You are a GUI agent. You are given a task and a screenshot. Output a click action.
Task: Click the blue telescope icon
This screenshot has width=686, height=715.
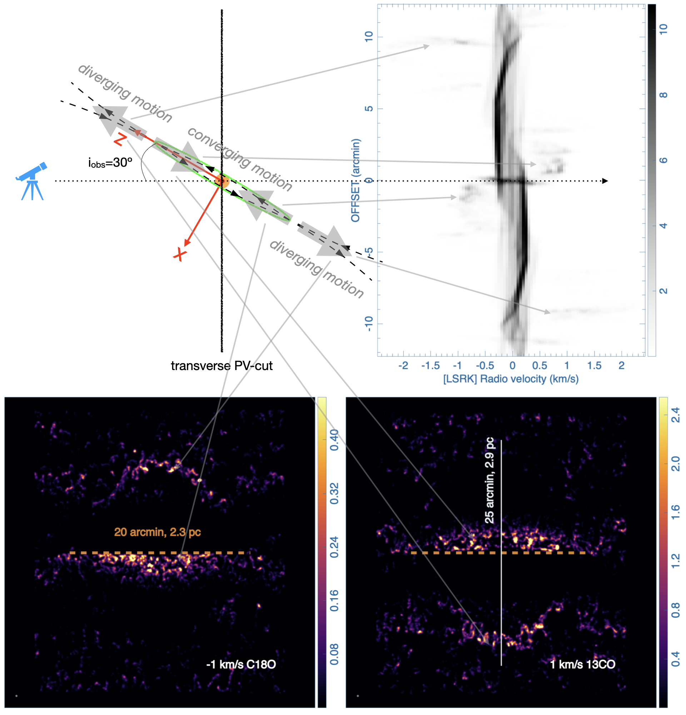point(32,181)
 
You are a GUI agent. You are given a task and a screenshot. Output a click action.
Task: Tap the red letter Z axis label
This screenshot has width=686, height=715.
point(120,139)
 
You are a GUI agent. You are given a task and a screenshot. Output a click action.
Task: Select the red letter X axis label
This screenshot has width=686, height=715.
point(180,254)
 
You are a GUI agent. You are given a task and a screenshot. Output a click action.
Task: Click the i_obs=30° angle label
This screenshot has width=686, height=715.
point(110,162)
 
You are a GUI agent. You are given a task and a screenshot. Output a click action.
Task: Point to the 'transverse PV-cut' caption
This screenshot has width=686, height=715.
point(221,365)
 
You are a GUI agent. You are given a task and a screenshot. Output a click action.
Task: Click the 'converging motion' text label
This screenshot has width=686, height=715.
point(239,159)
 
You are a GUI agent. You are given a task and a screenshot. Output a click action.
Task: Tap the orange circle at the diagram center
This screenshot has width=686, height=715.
point(222,181)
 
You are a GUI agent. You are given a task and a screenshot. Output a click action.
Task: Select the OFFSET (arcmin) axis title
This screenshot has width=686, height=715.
point(356,180)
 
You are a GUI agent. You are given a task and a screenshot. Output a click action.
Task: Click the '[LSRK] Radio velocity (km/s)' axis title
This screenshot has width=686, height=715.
point(510,379)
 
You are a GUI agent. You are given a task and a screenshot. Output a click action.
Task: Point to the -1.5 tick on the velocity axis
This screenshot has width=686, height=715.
point(430,365)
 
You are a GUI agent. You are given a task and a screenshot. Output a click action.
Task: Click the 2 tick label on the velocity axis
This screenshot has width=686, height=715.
point(621,365)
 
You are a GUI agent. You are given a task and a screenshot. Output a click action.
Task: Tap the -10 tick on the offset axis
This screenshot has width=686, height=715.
point(369,323)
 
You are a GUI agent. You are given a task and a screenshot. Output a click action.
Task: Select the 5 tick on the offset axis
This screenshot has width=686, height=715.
point(369,108)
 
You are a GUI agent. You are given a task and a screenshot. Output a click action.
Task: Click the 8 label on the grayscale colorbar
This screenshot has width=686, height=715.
point(663,95)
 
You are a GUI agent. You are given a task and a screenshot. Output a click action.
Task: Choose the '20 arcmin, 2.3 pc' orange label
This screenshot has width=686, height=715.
point(157,532)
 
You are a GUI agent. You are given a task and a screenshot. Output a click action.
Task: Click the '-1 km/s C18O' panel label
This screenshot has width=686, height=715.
point(240,664)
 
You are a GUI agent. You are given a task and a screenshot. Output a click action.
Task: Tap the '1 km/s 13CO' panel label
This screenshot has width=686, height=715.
point(582,664)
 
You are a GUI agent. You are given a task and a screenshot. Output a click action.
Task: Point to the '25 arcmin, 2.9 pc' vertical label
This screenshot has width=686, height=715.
point(489,480)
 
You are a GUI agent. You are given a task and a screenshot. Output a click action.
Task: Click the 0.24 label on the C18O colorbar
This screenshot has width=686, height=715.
point(334,547)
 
